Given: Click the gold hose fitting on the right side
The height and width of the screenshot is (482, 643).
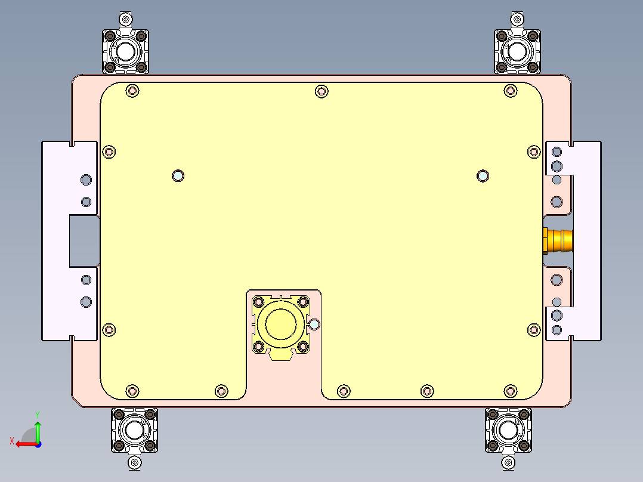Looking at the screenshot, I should [559, 240].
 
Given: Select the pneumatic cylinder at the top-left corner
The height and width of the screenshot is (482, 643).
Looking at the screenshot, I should [125, 51].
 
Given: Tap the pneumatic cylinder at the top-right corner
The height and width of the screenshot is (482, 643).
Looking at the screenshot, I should [517, 51].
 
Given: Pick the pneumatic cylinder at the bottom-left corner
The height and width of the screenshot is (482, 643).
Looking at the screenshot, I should [134, 430].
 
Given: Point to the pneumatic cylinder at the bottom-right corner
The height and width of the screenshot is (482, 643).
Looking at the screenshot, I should [508, 430].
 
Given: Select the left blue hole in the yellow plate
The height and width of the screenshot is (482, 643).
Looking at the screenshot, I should [178, 175].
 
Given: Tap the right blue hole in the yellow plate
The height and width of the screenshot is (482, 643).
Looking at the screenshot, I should [483, 175].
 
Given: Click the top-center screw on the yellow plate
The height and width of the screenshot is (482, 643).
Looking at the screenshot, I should [321, 91].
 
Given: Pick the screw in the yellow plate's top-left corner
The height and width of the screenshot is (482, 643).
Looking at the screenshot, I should [132, 91].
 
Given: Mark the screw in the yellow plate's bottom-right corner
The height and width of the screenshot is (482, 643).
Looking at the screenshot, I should [510, 391].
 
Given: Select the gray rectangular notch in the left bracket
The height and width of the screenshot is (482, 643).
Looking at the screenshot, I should [84, 240].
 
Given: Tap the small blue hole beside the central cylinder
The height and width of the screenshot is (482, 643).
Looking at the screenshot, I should [314, 325].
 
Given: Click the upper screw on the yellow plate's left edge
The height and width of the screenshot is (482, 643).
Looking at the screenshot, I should [109, 152].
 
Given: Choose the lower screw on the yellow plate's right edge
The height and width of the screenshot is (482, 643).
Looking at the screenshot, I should [534, 330].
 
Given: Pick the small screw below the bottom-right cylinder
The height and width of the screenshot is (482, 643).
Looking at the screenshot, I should [508, 462].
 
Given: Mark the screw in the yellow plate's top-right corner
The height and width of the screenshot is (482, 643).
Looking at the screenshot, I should [510, 91].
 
